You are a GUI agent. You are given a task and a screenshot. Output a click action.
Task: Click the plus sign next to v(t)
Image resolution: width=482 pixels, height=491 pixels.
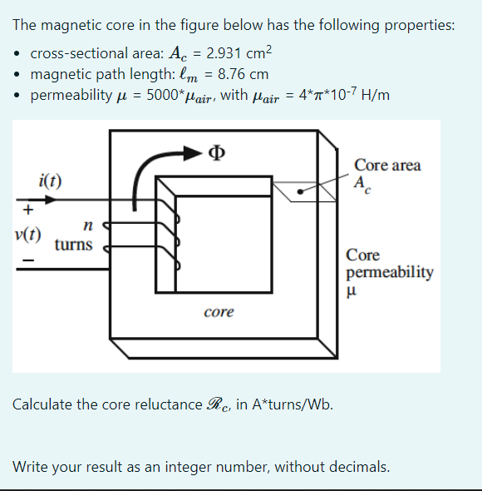(x=28, y=208)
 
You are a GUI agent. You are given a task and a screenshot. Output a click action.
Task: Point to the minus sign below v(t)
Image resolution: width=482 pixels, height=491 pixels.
(x=28, y=261)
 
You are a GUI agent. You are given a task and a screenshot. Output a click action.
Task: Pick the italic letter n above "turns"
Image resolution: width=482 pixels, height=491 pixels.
(x=86, y=225)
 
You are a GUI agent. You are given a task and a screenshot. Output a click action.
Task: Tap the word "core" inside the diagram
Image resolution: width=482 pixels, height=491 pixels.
(x=219, y=312)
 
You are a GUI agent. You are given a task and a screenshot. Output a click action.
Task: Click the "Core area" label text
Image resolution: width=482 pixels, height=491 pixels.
(x=387, y=165)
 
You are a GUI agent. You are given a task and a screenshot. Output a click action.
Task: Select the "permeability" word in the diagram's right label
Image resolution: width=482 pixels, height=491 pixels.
(x=390, y=272)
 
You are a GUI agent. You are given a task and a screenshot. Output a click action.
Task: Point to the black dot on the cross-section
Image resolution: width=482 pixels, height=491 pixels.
(x=302, y=191)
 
